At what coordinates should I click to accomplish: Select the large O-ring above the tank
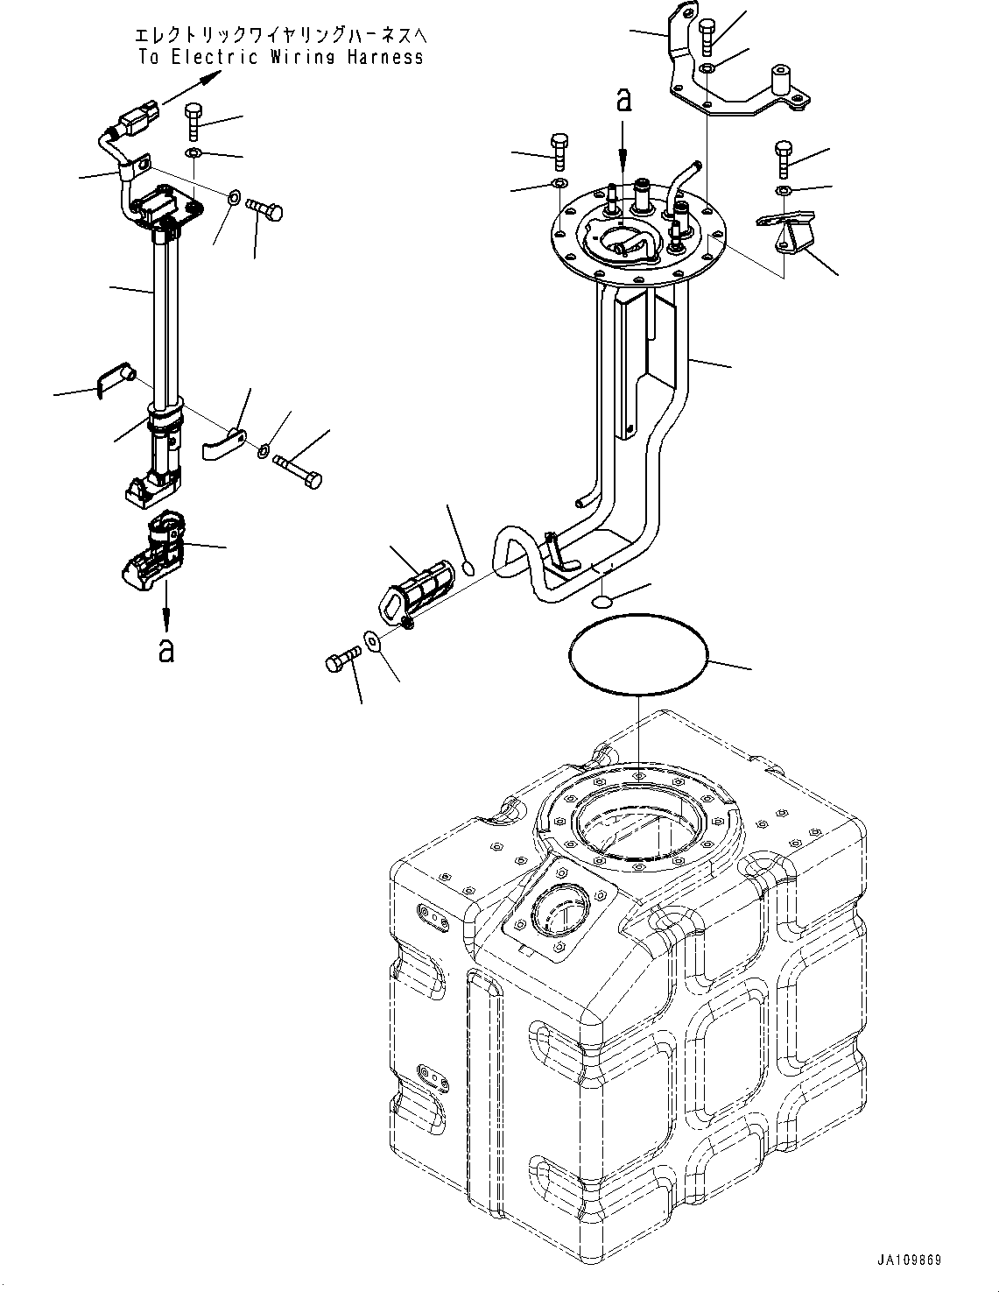pyautogui.click(x=637, y=654)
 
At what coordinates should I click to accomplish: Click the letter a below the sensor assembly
pyautogui.click(x=165, y=651)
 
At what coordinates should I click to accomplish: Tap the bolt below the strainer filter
pyautogui.click(x=343, y=658)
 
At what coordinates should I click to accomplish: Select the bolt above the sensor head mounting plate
pyautogui.click(x=193, y=123)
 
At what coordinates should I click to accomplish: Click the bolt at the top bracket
pyautogui.click(x=707, y=38)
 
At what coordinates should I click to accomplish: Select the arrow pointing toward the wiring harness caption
pyautogui.click(x=192, y=87)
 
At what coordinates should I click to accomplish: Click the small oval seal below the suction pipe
pyautogui.click(x=602, y=603)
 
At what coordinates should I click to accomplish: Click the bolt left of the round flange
pyautogui.click(x=559, y=153)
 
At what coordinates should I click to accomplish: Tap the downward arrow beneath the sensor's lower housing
pyautogui.click(x=166, y=607)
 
